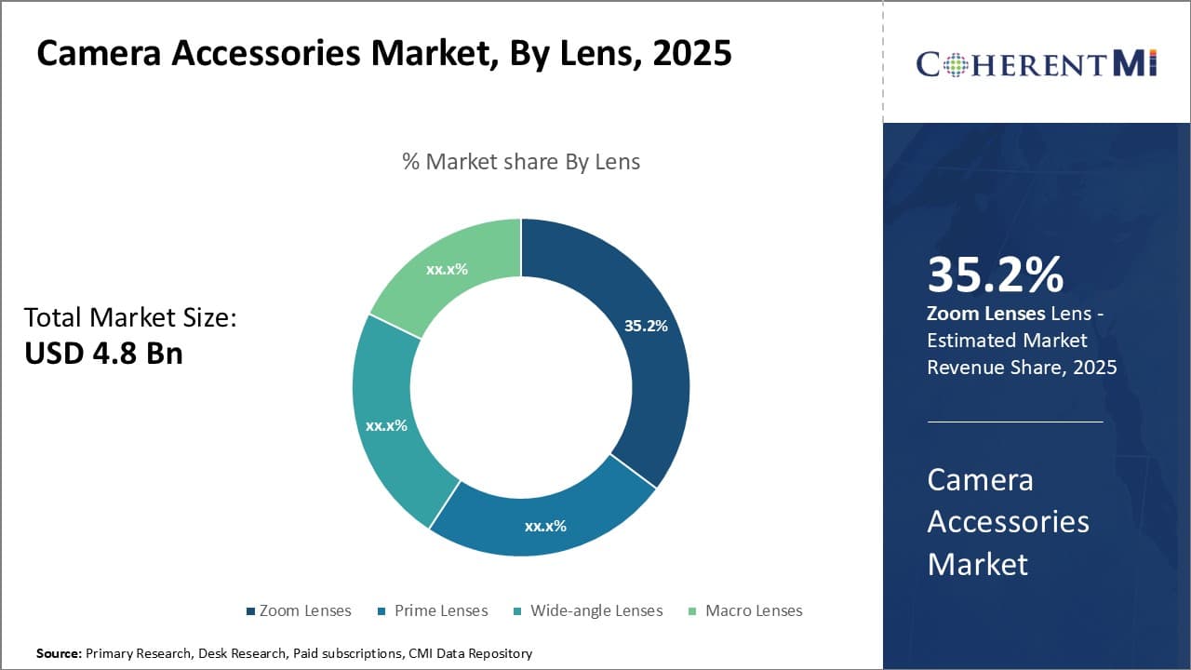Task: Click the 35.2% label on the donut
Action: (646, 326)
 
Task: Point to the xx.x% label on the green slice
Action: (447, 269)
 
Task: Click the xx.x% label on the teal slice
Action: (386, 425)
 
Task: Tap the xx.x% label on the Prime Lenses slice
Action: (545, 526)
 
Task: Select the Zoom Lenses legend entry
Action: (299, 610)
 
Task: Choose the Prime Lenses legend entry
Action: (434, 610)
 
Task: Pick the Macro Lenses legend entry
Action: (745, 610)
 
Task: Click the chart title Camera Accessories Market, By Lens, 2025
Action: (384, 54)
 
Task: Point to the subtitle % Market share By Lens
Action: (521, 161)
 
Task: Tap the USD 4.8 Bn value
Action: (103, 354)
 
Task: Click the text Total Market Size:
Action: (130, 317)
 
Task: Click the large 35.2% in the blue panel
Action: (995, 275)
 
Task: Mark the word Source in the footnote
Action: (58, 653)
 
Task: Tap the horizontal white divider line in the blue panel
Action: (1015, 422)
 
